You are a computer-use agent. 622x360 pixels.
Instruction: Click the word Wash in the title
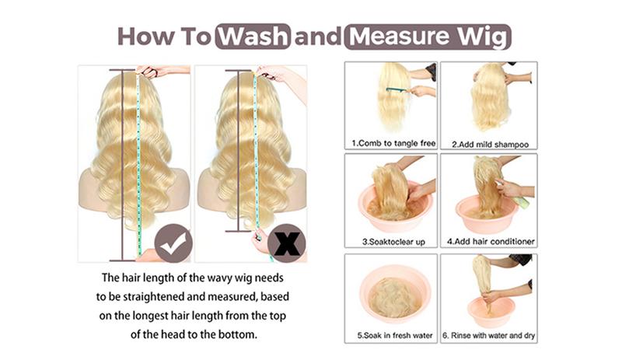(253, 37)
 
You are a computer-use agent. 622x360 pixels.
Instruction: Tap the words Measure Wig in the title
(428, 37)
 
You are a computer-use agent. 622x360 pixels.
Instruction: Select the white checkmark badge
(173, 243)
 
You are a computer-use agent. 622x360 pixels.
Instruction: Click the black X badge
(286, 243)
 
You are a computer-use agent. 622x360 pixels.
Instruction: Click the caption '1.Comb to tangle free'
(393, 143)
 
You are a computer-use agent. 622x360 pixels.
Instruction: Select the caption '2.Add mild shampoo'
(491, 145)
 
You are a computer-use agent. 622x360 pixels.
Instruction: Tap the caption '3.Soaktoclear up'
(393, 242)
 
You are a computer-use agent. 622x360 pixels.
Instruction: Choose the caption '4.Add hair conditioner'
(491, 241)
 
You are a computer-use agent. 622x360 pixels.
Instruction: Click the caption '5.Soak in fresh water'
(395, 335)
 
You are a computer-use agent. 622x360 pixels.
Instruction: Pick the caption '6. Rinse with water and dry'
(489, 335)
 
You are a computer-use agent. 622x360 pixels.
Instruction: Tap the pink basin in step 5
(395, 292)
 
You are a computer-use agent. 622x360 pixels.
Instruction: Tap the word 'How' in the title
(146, 37)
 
